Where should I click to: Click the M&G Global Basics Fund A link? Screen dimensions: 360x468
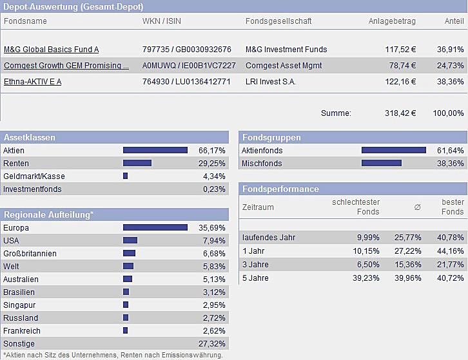[52, 50]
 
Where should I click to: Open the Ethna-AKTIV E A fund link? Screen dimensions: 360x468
[33, 82]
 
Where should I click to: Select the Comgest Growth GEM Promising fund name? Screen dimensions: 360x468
[66, 66]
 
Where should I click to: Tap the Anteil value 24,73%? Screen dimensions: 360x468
[450, 66]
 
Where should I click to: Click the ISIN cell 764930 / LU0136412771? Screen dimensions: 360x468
[186, 82]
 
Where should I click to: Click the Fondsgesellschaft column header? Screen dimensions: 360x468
[278, 21]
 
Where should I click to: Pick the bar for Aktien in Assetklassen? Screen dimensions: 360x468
[155, 151]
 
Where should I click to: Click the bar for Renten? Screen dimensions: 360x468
[137, 164]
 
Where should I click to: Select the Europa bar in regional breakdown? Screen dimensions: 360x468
[155, 228]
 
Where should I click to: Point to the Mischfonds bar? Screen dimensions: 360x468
[381, 164]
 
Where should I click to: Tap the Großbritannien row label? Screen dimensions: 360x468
[30, 254]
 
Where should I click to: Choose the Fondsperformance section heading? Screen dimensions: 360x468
[280, 189]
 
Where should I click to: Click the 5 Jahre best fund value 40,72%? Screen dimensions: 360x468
[450, 278]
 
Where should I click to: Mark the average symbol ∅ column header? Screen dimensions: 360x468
[417, 207]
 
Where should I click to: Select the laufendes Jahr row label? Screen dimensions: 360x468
[268, 238]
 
